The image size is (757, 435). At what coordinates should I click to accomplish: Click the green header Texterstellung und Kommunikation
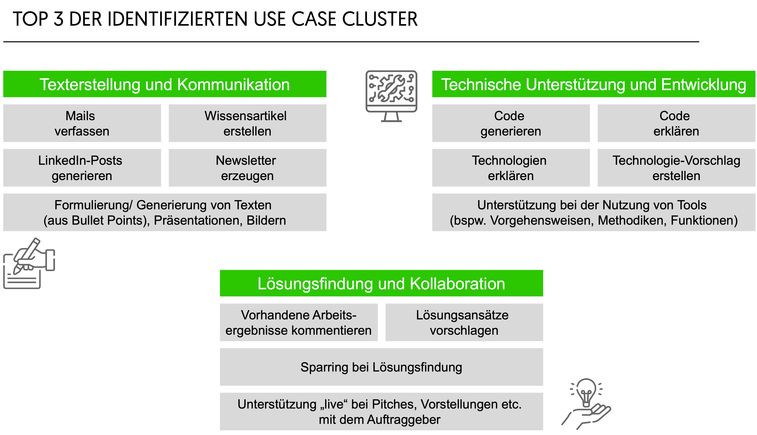(x=165, y=84)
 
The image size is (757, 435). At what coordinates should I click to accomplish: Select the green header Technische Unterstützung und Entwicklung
(x=594, y=84)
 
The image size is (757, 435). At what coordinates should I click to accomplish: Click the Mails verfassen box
(x=82, y=123)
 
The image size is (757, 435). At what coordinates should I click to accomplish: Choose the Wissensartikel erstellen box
(x=247, y=123)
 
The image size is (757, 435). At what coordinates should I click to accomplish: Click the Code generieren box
(x=511, y=123)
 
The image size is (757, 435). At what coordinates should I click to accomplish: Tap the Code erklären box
(x=676, y=123)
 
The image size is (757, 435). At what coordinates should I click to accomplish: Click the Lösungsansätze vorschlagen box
(x=464, y=322)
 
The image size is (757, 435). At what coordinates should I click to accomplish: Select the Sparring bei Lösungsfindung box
(x=381, y=367)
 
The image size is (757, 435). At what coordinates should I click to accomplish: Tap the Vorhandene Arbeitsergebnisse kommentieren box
(x=299, y=322)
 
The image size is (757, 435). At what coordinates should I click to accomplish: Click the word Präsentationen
(x=198, y=220)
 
